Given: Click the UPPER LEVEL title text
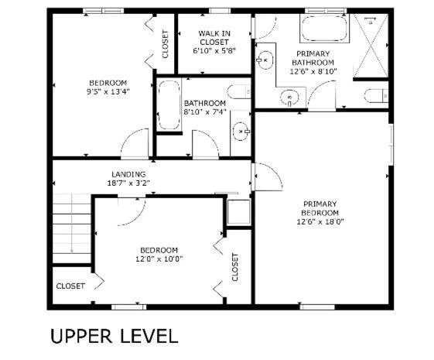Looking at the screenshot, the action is point(114,336).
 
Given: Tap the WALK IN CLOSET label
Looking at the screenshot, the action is point(214,38).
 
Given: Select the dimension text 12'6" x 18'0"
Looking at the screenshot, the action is point(320,221).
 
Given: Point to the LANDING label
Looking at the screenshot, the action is point(128,174).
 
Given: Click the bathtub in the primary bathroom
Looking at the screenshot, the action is point(324,29).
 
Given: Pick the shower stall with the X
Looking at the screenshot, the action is point(371,46).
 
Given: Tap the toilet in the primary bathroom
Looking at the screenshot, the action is point(377,96).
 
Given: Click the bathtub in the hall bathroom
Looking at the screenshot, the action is point(169,105).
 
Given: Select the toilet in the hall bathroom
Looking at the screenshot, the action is point(239,91).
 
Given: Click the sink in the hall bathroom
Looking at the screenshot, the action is point(241,132).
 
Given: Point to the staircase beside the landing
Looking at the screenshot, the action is point(72,228).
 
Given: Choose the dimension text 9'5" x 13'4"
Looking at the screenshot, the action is point(108,91).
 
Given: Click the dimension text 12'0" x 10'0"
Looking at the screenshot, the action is point(159,259).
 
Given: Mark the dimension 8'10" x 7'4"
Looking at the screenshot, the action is point(205,111).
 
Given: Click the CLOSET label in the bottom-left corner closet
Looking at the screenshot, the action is point(70,286).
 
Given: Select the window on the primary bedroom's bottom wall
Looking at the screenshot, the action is point(317,307).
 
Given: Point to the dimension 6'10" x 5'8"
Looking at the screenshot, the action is point(214,51).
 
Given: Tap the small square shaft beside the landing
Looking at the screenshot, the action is point(238,212).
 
